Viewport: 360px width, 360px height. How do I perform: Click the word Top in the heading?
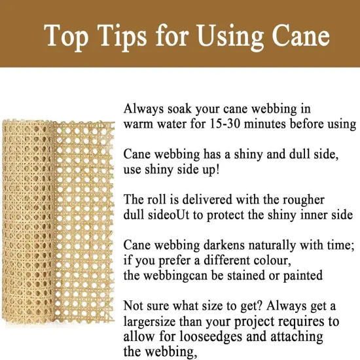(68, 36)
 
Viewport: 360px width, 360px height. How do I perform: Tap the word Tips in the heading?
(130, 36)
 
